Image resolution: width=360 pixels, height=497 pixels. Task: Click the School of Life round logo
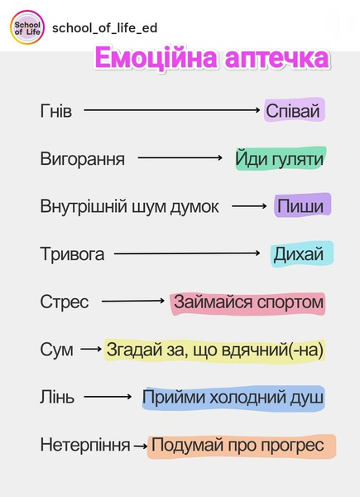(27, 27)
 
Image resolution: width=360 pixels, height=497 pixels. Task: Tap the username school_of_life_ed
(104, 28)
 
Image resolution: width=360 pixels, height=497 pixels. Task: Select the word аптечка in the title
(276, 59)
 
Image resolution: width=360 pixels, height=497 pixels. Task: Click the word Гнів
(56, 111)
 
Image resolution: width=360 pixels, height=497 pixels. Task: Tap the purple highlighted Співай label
(295, 110)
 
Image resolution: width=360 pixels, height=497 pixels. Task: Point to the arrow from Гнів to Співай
(171, 110)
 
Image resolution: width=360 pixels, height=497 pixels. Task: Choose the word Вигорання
(82, 158)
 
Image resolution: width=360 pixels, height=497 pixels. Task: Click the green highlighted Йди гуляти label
(281, 158)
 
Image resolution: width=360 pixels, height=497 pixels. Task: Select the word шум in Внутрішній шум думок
(153, 206)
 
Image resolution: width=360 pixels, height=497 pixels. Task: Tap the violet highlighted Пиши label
(302, 205)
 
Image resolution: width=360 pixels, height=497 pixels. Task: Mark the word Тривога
(72, 254)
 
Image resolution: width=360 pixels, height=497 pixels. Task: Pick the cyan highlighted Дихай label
(302, 254)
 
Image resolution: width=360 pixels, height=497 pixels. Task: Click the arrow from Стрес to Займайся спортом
(133, 301)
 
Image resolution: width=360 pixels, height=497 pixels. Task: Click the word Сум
(56, 350)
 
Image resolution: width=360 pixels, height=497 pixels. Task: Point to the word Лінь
(57, 397)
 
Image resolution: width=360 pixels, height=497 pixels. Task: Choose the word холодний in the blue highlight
(246, 397)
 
